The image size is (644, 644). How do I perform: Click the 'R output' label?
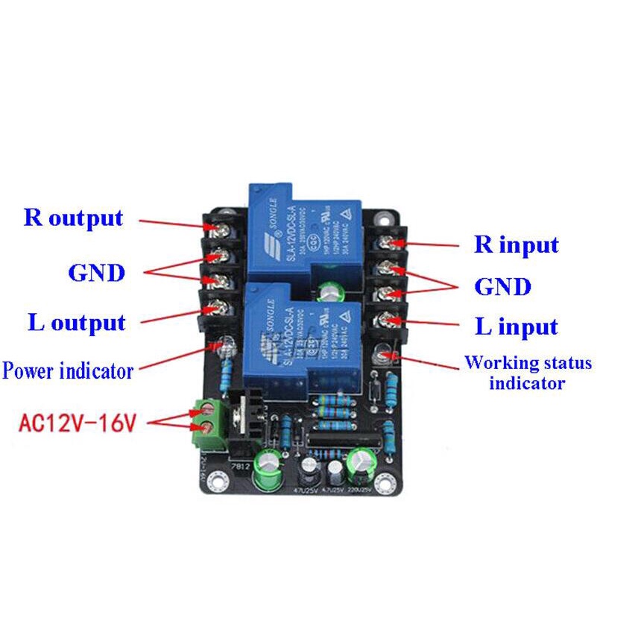[x=73, y=218]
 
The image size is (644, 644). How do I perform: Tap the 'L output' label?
[x=77, y=323]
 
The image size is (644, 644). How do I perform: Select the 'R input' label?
[x=516, y=244]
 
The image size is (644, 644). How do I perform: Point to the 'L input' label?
[x=516, y=326]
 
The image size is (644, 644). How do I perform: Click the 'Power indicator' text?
[x=68, y=370]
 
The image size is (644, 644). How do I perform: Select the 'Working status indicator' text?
[x=528, y=373]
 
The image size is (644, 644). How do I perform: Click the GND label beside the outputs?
[x=96, y=273]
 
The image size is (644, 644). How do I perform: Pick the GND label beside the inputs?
[x=503, y=287]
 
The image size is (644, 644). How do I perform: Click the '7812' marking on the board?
[x=240, y=466]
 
